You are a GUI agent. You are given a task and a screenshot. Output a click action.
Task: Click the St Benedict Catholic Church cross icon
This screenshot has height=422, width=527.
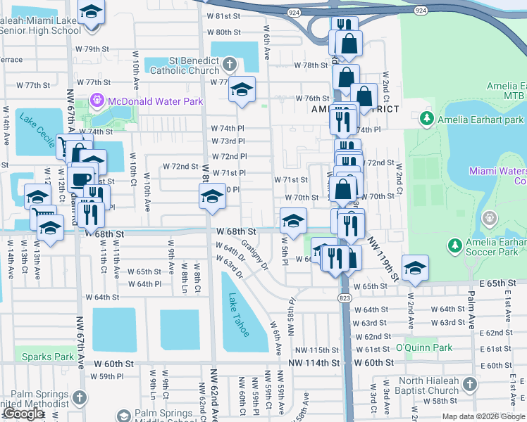(x=229, y=66)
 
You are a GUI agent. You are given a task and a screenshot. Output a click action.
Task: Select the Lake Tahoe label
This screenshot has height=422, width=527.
(x=237, y=315)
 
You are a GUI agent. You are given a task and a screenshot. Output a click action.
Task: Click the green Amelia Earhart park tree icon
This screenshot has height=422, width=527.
(x=426, y=119)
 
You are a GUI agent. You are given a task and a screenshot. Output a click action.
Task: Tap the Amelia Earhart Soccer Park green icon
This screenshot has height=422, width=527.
(x=455, y=245)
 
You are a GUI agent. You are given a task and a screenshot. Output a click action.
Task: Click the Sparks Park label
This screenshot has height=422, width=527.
(x=47, y=357)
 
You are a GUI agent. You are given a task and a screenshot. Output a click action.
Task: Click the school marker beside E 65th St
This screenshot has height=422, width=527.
(x=415, y=268)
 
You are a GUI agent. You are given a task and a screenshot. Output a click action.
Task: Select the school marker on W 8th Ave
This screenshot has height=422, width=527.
(x=211, y=197)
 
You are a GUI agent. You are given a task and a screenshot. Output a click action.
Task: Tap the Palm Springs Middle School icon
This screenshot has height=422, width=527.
(x=124, y=416)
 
